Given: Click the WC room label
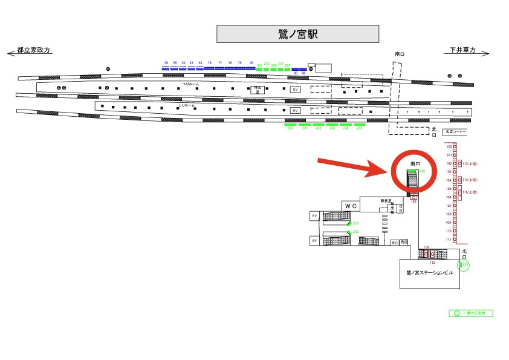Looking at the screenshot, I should [x=352, y=206].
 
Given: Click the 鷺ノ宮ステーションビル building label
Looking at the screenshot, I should [x=429, y=273].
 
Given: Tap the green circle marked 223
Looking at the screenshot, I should [x=465, y=264].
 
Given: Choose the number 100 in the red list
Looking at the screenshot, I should [x=449, y=146].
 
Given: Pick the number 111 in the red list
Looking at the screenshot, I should [x=449, y=240].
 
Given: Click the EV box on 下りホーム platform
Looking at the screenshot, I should [x=296, y=90].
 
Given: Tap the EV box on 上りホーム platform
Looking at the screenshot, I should [x=296, y=111].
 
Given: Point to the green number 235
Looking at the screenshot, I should [x=360, y=128].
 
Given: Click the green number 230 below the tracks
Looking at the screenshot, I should [x=290, y=128].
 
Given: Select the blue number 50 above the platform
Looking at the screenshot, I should [x=166, y=63].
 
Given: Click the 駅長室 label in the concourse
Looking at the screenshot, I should [x=386, y=200].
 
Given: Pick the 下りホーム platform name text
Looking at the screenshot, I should [x=191, y=84].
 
